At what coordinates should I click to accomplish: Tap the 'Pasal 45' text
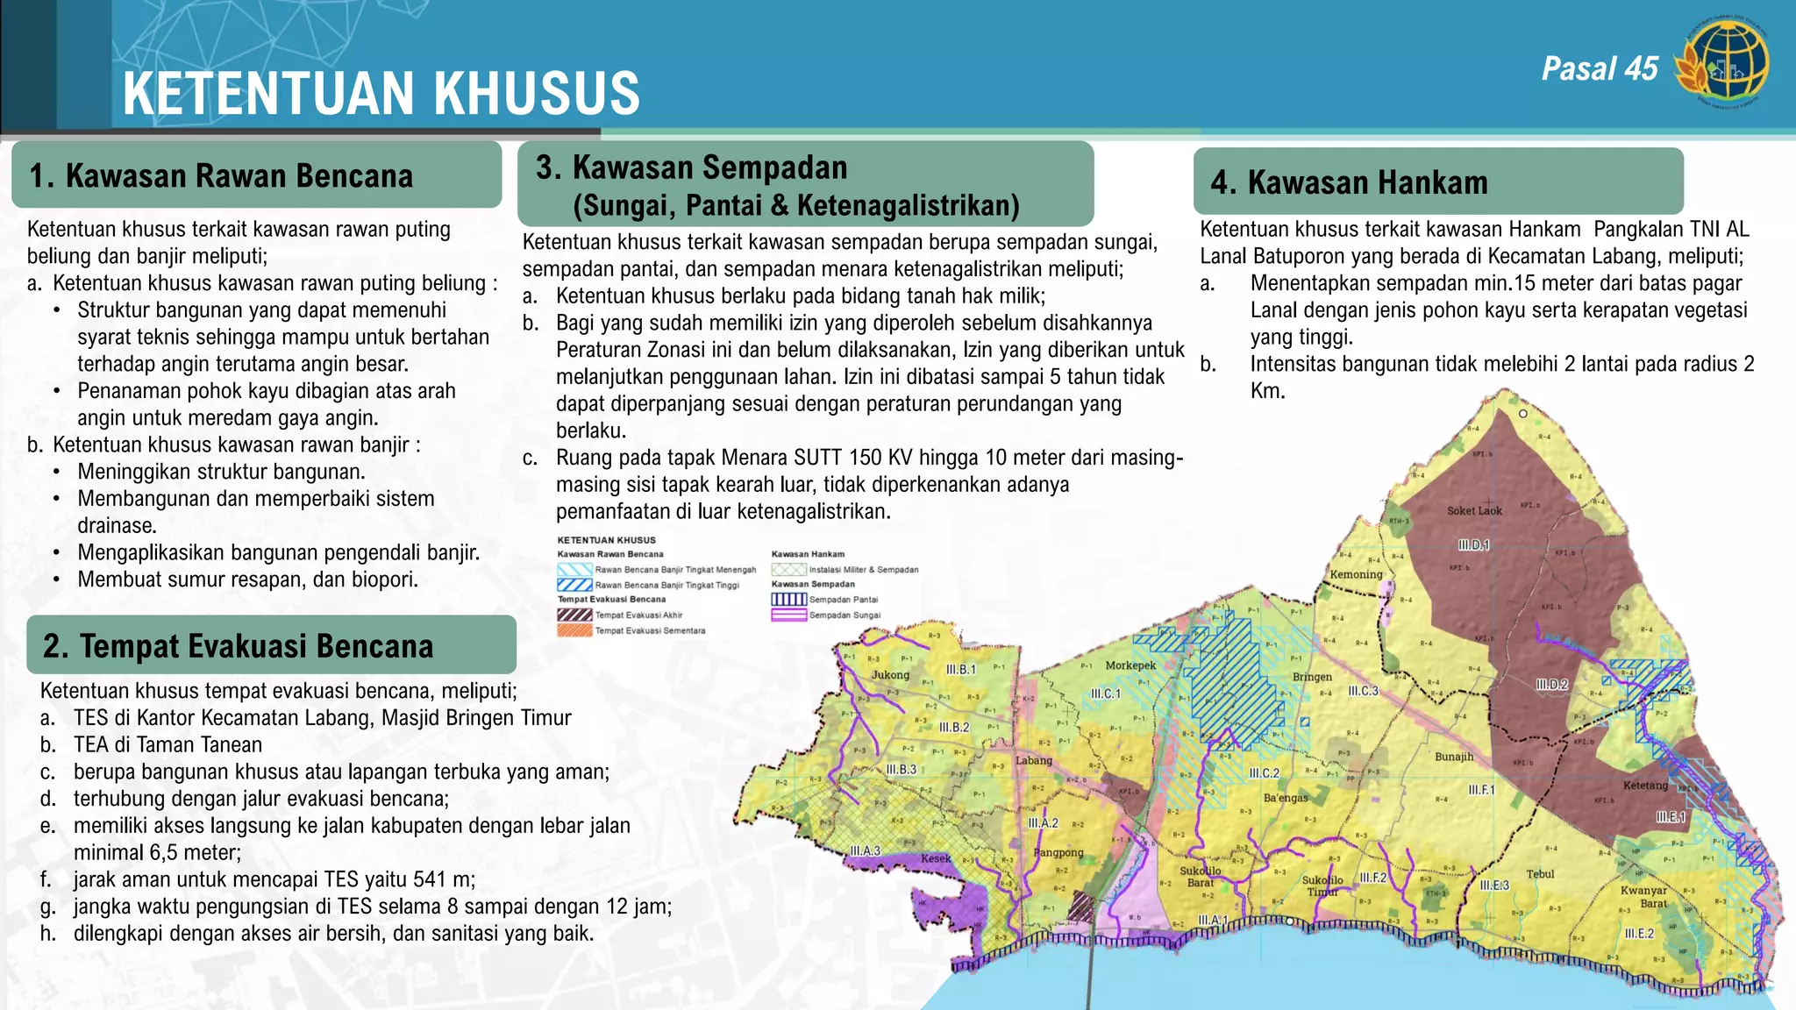click(x=1600, y=68)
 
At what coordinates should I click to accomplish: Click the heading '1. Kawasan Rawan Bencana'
click(x=221, y=175)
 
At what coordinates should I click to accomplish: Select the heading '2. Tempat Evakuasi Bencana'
click(x=239, y=646)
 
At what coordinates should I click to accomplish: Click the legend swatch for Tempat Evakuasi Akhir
click(x=574, y=615)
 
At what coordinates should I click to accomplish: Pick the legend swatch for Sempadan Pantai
click(x=788, y=600)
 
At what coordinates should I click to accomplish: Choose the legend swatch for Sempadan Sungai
click(x=788, y=615)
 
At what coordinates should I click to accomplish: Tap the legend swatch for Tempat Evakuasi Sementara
click(x=574, y=630)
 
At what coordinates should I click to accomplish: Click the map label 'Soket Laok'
click(x=1474, y=511)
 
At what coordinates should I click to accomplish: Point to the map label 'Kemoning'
click(x=1356, y=575)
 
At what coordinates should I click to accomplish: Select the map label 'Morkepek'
click(x=1130, y=665)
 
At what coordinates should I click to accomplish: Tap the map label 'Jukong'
click(x=890, y=675)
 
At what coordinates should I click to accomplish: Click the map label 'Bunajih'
click(x=1454, y=757)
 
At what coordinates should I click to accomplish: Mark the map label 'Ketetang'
click(x=1645, y=786)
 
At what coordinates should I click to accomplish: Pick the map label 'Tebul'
click(x=1540, y=874)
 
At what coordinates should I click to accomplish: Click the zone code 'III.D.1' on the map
click(x=1473, y=545)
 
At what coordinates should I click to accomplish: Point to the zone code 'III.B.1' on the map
click(x=960, y=670)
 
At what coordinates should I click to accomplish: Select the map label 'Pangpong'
click(x=1058, y=852)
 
